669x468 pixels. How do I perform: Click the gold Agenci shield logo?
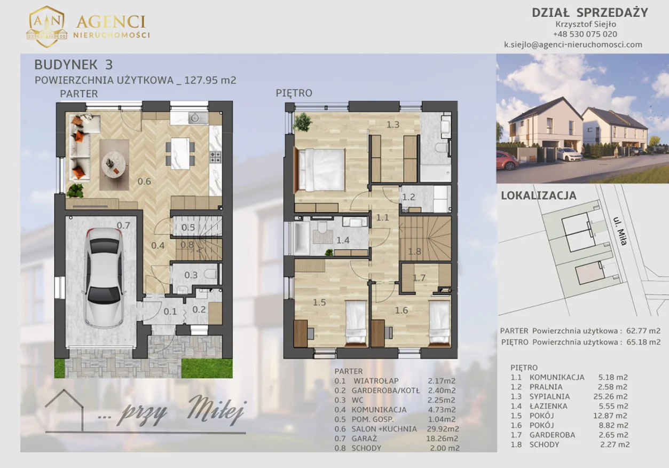tap(46, 27)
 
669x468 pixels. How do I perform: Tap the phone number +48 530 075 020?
tap(585, 34)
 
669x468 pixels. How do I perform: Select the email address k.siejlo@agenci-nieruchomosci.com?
tap(573, 44)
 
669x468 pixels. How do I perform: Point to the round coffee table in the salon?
tap(114, 165)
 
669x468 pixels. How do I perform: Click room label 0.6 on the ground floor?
tap(144, 182)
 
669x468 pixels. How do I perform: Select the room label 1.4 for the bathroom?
tap(343, 240)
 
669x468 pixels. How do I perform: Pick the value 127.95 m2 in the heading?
tap(210, 80)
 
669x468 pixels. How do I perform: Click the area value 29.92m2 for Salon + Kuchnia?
tap(443, 429)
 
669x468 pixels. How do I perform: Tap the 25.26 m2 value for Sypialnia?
tap(610, 396)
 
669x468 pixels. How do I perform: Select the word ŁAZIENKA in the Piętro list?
tap(548, 406)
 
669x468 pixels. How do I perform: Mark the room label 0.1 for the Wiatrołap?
tap(170, 311)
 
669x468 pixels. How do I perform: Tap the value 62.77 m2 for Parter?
tap(643, 331)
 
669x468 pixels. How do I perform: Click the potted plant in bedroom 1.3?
tap(302, 122)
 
